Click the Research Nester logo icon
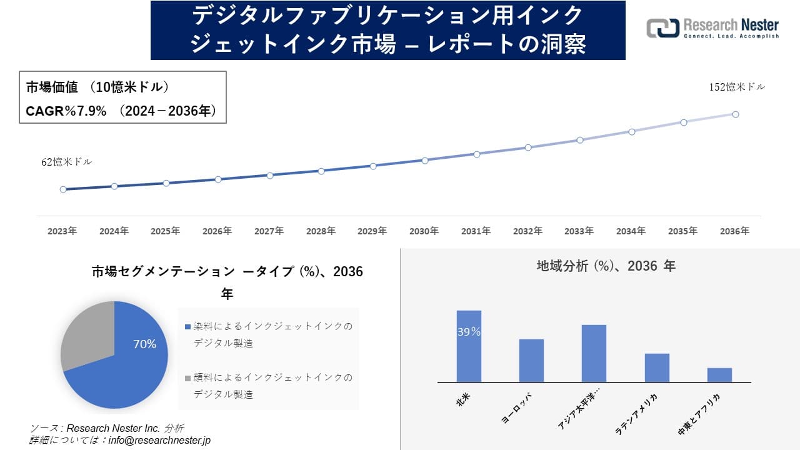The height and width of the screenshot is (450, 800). pyautogui.click(x=662, y=28)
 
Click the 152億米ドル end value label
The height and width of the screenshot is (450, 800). pyautogui.click(x=736, y=87)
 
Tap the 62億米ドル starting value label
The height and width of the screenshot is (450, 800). pyautogui.click(x=66, y=162)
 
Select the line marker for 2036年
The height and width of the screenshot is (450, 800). pyautogui.click(x=736, y=114)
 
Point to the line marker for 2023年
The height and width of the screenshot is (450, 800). pyautogui.click(x=63, y=189)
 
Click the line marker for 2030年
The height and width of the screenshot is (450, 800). pyautogui.click(x=425, y=161)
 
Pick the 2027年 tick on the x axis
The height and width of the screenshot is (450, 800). pyautogui.click(x=269, y=231)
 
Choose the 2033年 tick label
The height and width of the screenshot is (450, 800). pyautogui.click(x=579, y=231)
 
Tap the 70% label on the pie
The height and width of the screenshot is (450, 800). pyautogui.click(x=145, y=344)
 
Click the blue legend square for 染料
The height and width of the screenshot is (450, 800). pyautogui.click(x=187, y=327)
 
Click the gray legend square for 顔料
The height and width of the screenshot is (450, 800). pyautogui.click(x=187, y=378)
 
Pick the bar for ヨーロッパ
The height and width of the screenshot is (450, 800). pyautogui.click(x=531, y=361)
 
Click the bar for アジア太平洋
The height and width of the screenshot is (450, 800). pyautogui.click(x=594, y=354)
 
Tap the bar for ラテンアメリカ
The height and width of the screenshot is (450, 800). pyautogui.click(x=657, y=368)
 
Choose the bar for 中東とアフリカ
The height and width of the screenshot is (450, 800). pyautogui.click(x=719, y=375)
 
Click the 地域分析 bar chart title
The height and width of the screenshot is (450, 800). pyautogui.click(x=606, y=266)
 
